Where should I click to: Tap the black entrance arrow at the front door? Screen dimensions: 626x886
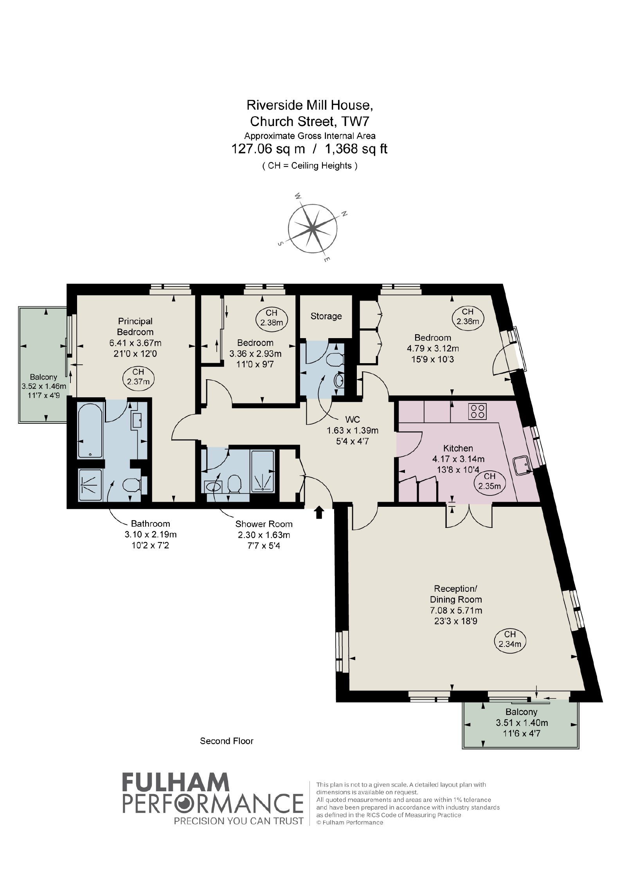click(319, 512)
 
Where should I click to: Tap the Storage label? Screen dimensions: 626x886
click(326, 316)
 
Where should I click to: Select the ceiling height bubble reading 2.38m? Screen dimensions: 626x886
click(272, 318)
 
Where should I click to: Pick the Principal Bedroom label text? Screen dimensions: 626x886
click(135, 326)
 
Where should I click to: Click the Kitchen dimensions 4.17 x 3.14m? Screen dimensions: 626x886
click(458, 459)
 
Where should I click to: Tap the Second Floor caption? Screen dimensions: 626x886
click(227, 741)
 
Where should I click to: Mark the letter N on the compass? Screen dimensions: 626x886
click(344, 214)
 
